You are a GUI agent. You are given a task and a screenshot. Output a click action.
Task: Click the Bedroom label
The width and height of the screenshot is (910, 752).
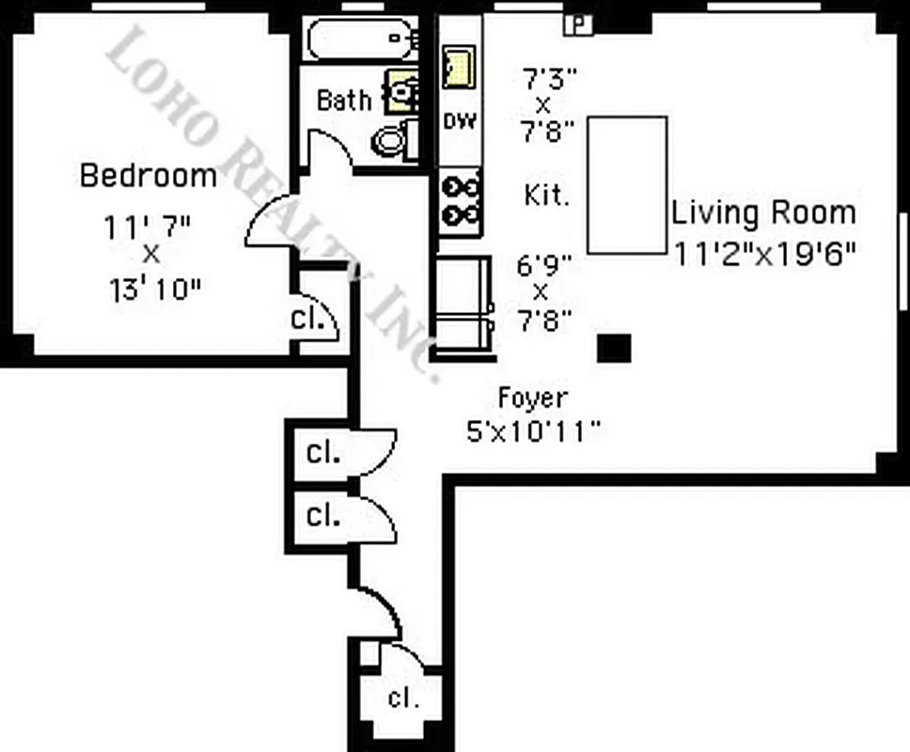coord(148,176)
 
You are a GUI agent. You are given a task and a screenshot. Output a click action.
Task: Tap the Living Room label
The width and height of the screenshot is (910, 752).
coord(763,212)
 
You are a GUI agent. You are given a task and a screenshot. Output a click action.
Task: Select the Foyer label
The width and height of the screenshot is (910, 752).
coord(532,399)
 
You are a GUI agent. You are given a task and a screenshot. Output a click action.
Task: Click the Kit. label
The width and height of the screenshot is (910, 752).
coord(546,196)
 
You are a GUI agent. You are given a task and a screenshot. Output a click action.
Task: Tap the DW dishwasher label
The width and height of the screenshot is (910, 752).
coord(460,121)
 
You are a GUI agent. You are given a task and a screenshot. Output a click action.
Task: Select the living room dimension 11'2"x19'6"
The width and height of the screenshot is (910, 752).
coord(764,252)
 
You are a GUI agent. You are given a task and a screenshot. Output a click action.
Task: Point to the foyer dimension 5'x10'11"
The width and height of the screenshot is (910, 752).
coord(533,431)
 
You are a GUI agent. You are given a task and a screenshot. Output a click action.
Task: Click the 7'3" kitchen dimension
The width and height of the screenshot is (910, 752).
coord(547,72)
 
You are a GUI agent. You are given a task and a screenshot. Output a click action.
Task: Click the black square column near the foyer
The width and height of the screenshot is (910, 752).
coord(614,348)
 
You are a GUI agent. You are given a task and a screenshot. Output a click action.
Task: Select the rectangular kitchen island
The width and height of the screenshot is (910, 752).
coord(627,184)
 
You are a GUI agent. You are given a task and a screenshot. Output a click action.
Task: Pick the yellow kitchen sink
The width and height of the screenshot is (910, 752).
coord(459,67)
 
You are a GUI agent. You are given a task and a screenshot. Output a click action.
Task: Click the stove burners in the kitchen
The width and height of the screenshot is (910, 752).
coord(461,202)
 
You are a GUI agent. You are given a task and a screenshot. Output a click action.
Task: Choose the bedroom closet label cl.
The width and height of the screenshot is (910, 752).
coord(306,318)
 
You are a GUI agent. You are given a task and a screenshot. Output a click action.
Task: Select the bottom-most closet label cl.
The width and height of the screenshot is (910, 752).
coord(402,698)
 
